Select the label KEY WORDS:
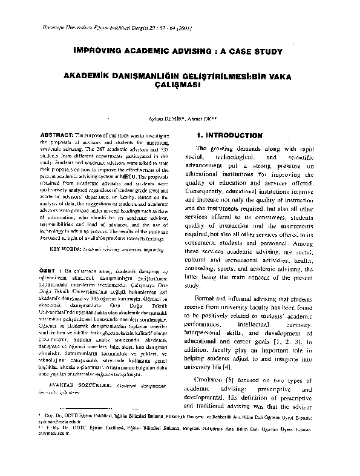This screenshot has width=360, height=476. [64, 248]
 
